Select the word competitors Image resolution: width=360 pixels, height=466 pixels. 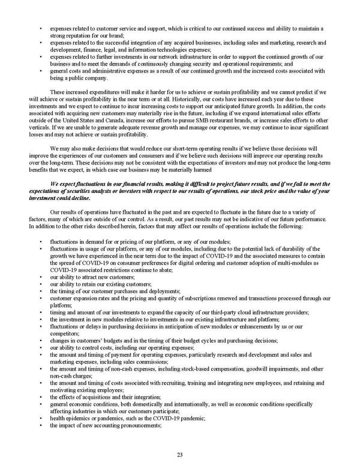click(65, 333)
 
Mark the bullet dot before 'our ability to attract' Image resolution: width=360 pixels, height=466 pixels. click(40, 277)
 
